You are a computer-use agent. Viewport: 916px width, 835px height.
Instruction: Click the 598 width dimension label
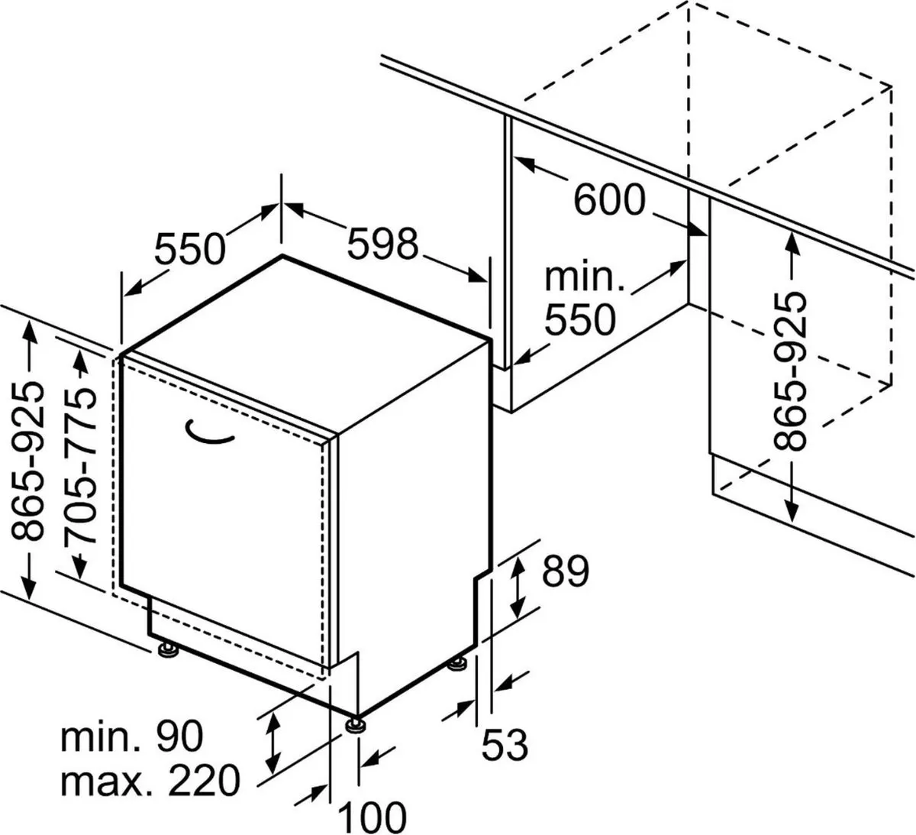tap(383, 244)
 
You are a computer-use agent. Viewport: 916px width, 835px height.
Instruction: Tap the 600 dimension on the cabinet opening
tap(609, 201)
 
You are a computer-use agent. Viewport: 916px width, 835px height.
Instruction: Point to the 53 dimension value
tap(505, 744)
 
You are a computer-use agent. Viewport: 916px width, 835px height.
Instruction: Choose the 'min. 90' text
tap(132, 736)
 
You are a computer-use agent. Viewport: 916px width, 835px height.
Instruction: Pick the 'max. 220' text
tap(150, 780)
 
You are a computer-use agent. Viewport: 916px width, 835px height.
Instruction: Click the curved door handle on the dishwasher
tap(210, 433)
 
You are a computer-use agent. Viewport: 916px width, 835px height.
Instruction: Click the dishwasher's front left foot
tap(166, 650)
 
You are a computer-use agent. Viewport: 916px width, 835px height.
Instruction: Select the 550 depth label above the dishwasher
tap(191, 248)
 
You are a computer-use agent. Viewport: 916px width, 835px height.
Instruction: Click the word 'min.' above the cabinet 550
tap(585, 277)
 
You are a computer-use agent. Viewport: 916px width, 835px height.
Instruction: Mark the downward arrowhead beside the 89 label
tap(518, 608)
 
